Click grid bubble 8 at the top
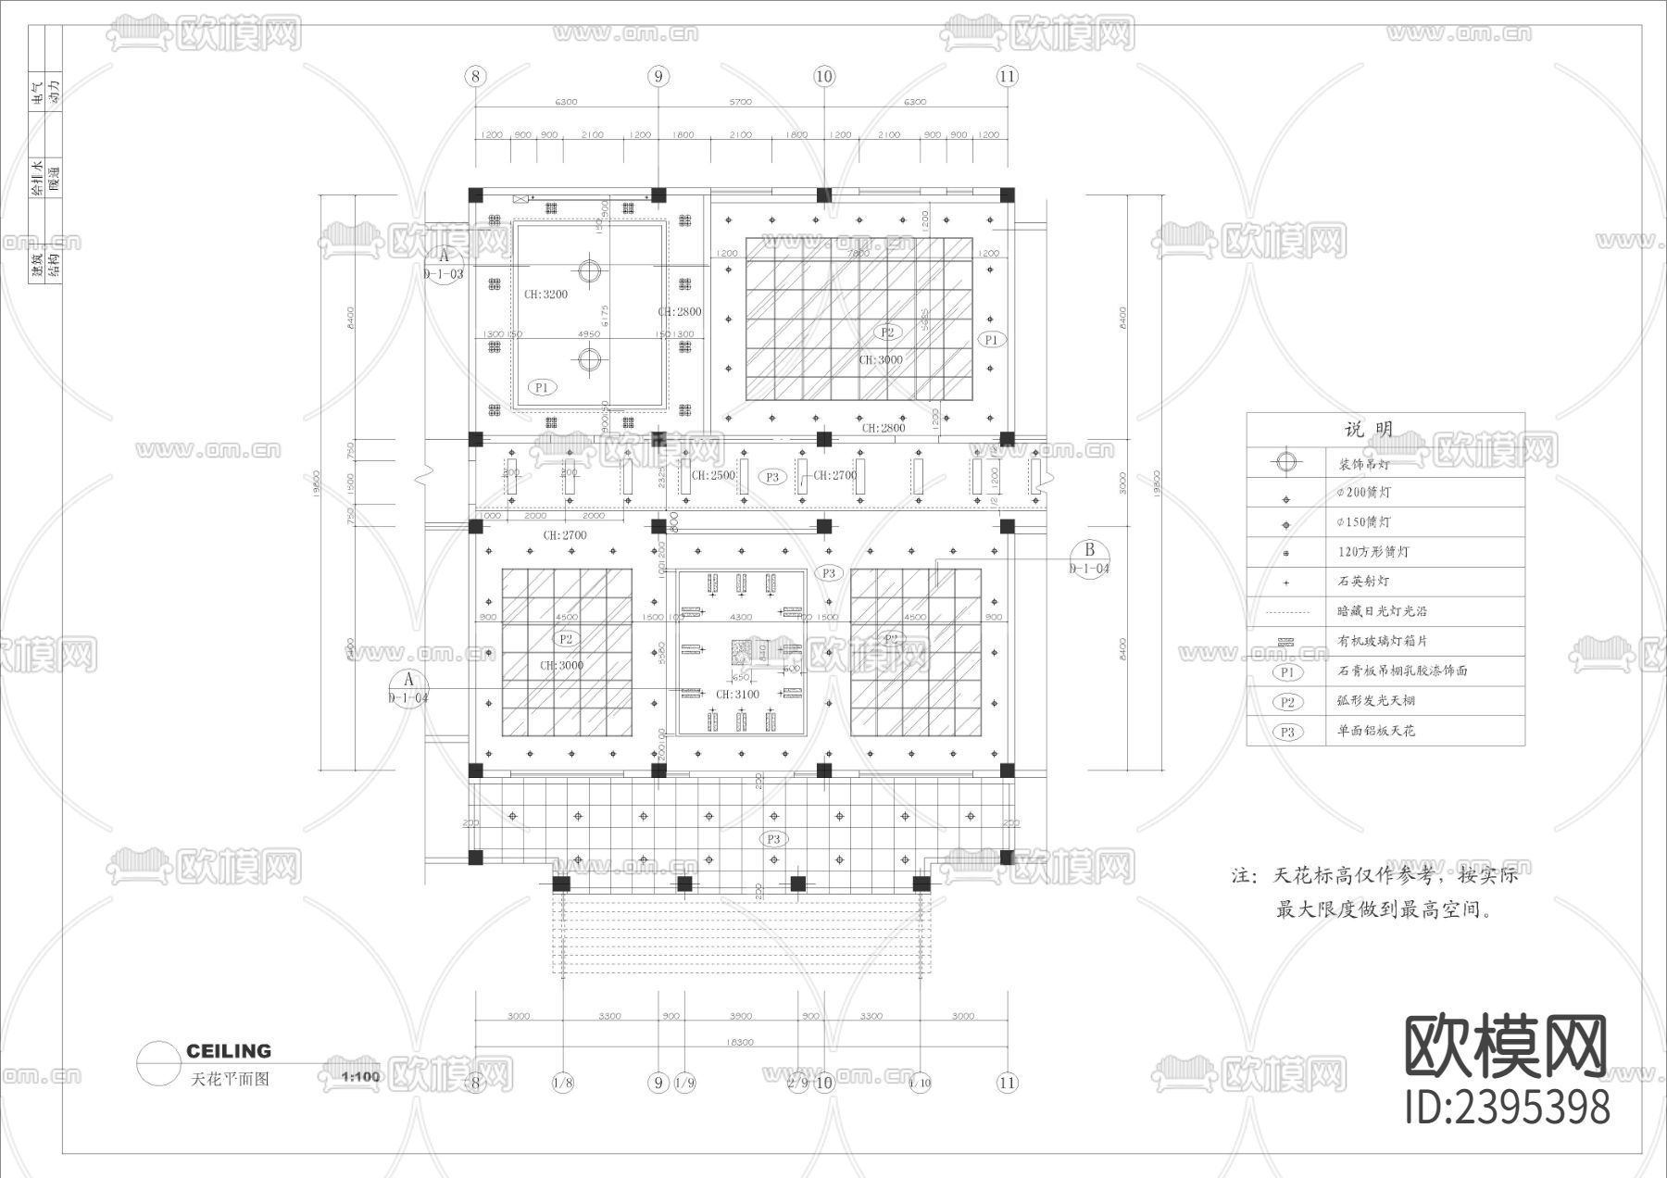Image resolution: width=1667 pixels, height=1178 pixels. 475,76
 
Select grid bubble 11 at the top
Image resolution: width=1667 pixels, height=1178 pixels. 1007,76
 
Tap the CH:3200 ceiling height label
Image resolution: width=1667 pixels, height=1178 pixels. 545,294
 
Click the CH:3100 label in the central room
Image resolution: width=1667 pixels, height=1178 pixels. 737,694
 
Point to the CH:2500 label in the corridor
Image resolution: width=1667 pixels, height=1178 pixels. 713,475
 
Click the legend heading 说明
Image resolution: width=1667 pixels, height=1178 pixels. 1368,430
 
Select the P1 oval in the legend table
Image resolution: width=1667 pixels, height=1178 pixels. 1286,672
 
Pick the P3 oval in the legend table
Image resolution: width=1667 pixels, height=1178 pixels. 1286,732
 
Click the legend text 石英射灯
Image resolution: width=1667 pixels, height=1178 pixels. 1363,582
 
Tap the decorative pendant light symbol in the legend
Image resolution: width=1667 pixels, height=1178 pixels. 1285,461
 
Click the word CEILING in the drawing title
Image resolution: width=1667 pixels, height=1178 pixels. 229,1051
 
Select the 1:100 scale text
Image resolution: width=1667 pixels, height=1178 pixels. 360,1076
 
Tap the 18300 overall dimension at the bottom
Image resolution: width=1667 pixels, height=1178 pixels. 738,1042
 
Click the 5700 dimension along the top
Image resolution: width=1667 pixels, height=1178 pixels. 740,102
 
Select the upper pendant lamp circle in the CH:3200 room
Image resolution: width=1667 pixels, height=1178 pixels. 589,270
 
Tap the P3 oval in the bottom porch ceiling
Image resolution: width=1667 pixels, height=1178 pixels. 773,839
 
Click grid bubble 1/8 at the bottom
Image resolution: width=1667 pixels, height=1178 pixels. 562,1082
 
